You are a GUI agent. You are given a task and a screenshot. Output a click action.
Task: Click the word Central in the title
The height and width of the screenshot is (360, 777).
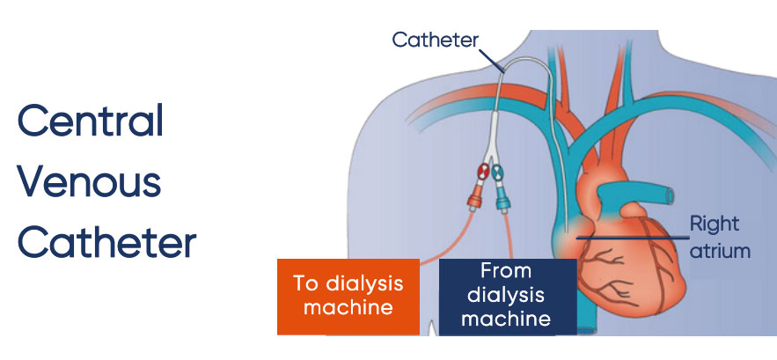(x=91, y=121)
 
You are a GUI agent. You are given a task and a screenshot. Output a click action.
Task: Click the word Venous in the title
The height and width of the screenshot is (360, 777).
(x=90, y=182)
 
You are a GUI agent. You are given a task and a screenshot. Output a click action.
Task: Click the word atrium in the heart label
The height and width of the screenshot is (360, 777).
(x=719, y=250)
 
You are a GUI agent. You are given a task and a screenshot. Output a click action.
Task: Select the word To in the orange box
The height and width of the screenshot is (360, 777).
(x=306, y=283)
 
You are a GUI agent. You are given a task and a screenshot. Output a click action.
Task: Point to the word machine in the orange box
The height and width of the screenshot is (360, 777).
(x=347, y=309)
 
